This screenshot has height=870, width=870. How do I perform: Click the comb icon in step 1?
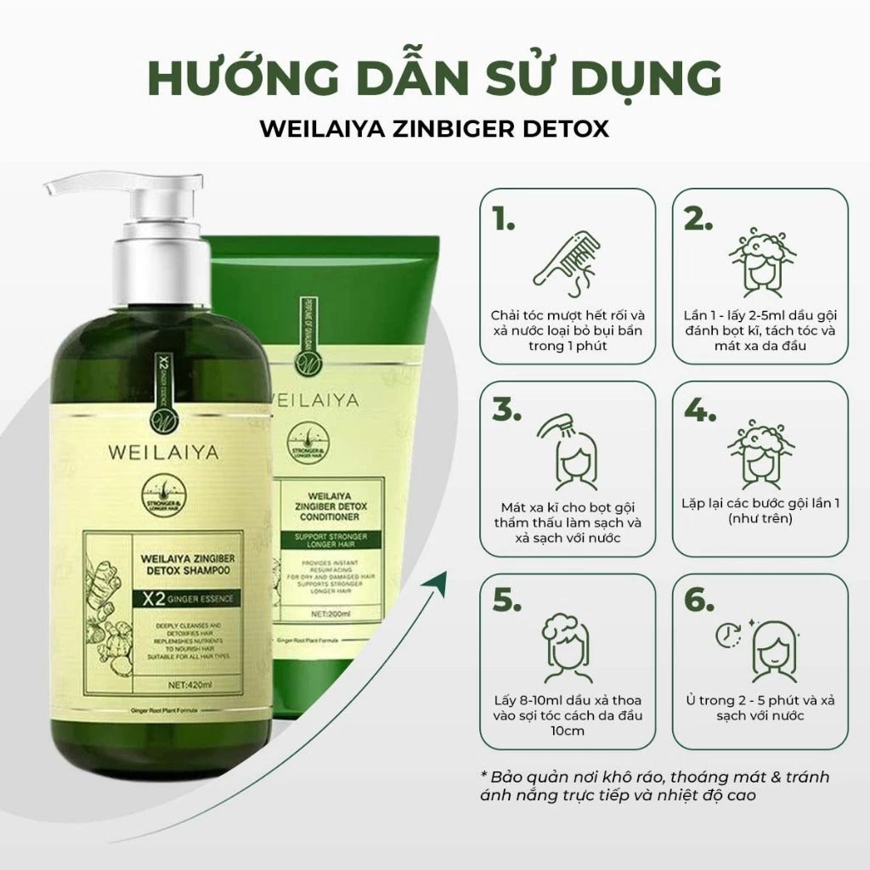pos(562,251)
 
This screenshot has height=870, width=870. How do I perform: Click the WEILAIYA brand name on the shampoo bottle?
pos(162,453)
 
